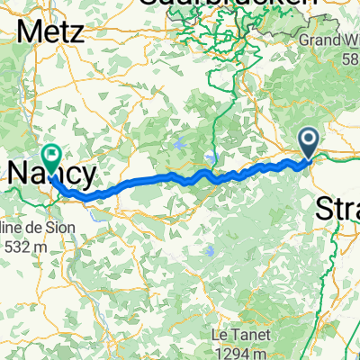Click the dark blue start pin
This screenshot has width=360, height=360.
coord(308,142)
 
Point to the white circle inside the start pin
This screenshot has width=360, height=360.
coord(308,138)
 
